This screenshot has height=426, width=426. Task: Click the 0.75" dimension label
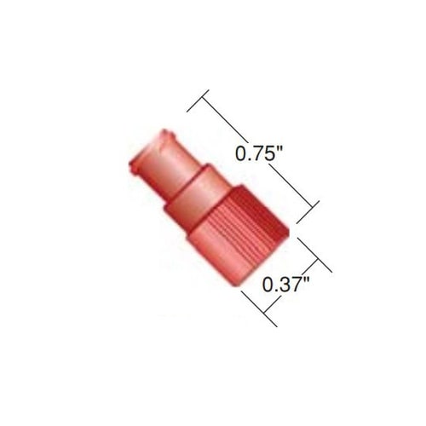click(258, 153)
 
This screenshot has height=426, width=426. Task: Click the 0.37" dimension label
click(285, 285)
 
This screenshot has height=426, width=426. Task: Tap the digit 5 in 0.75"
click(268, 153)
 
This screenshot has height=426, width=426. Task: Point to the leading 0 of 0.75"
click(241, 153)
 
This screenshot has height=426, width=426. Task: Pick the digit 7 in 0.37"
click(294, 285)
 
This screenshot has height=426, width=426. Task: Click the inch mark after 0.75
click(279, 148)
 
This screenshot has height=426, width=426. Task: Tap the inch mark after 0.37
click(306, 279)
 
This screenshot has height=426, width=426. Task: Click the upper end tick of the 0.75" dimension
click(198, 101)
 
